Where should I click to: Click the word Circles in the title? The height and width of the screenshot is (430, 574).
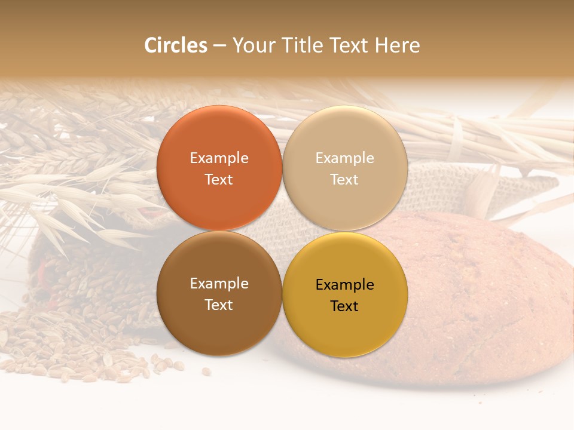[175, 45]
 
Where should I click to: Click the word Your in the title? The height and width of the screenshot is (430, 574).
[254, 45]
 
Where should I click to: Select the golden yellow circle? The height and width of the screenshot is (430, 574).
[344, 328]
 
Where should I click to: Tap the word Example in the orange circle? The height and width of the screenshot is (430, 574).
[219, 158]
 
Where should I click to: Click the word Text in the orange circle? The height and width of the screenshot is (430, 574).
[219, 180]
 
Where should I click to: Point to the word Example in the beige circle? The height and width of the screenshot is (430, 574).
[344, 158]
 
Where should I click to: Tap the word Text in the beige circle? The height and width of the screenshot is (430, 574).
[344, 180]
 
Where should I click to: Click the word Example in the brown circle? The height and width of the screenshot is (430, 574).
[219, 284]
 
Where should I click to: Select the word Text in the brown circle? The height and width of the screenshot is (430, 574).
[219, 305]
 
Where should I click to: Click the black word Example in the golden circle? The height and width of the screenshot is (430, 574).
[344, 285]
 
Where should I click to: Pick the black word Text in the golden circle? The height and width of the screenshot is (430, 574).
[344, 306]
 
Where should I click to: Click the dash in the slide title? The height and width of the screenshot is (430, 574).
[219, 46]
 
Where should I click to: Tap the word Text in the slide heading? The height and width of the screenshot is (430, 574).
[347, 45]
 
